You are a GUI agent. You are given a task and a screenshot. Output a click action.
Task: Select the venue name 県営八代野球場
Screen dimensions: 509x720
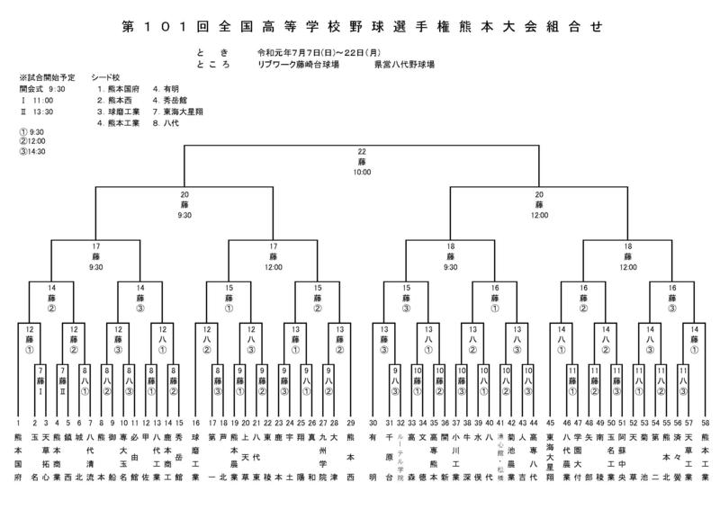(x=406, y=64)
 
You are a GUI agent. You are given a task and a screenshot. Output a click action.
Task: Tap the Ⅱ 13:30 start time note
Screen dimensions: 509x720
(x=36, y=112)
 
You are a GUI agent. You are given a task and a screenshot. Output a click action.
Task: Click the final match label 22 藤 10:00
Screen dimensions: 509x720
(x=361, y=161)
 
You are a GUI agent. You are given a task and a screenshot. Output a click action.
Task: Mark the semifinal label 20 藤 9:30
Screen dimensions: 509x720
(x=184, y=204)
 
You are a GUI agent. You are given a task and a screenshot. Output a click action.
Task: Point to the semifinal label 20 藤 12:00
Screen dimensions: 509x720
(x=539, y=204)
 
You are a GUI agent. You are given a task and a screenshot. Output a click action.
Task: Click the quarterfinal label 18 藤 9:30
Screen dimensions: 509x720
(x=450, y=255)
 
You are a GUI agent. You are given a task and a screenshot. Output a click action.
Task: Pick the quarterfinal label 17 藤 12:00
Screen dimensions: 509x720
(x=273, y=255)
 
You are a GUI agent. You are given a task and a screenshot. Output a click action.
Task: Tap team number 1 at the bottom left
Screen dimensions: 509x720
(x=18, y=422)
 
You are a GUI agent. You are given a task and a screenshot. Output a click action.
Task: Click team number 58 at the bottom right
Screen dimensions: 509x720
(x=705, y=422)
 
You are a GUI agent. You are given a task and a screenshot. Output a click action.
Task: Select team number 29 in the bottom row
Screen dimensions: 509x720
(x=349, y=422)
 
